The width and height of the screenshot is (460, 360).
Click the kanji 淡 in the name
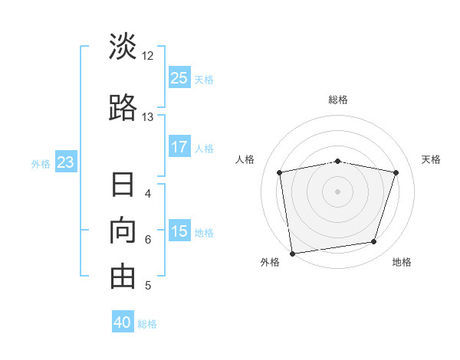pos(123,46)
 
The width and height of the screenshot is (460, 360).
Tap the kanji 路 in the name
pos(123,107)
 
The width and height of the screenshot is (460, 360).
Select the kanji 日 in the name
pos(123,185)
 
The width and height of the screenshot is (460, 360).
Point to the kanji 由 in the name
pos(123,277)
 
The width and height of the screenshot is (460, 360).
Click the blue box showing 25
pos(179,77)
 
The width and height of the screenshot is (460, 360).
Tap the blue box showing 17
pos(179,146)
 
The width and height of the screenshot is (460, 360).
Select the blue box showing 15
pos(179,230)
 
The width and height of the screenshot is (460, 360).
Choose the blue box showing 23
pos(66,162)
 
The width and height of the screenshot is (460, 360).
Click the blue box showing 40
pos(123,321)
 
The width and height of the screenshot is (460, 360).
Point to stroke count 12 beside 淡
pos(147,56)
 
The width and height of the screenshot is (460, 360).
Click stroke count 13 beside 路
pos(147,117)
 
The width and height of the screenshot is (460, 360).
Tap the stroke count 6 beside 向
pos(148,240)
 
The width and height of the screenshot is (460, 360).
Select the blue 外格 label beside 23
pos(41,164)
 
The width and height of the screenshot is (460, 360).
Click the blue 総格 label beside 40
pos(147,324)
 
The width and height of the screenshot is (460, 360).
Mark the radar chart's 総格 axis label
pos(338,100)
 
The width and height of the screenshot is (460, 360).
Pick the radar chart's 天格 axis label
pos(431,159)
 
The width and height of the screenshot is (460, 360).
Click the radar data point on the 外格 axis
pos(293,254)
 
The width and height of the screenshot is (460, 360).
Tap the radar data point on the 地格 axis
pos(374,242)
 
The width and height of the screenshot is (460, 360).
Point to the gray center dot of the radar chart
pos(337,191)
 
